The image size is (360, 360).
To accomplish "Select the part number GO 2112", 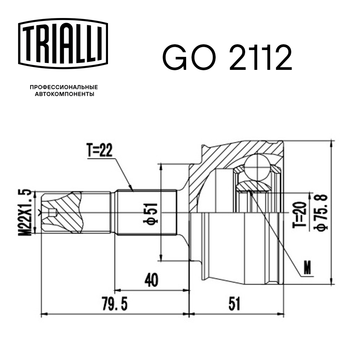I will coord(226,58).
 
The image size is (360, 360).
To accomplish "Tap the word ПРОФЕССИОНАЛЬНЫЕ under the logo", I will coord(64,87).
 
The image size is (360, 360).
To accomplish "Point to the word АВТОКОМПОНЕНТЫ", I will coord(64,94).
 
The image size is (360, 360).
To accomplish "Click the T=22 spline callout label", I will coord(99,150).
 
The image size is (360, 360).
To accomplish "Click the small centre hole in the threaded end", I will coord(53,212).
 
